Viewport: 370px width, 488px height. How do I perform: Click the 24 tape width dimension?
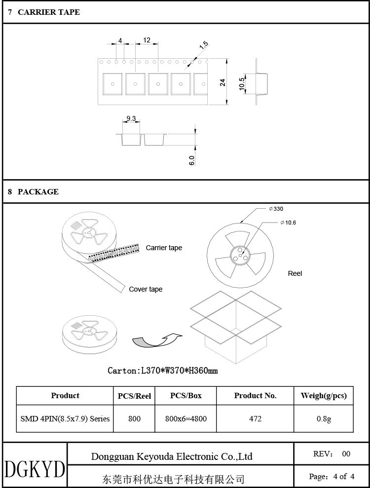(x=222, y=82)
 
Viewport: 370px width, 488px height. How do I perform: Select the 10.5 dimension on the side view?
(x=242, y=83)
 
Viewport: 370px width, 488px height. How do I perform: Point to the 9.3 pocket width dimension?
(x=131, y=118)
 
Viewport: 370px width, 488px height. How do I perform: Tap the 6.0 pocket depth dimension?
(x=192, y=160)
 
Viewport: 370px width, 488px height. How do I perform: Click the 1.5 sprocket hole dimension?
(x=204, y=46)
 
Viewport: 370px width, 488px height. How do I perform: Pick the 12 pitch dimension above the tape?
(x=147, y=40)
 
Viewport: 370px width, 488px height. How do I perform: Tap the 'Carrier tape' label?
(x=164, y=248)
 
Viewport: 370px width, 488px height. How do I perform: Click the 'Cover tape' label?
(x=146, y=289)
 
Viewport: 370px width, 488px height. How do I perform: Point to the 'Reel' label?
(x=295, y=273)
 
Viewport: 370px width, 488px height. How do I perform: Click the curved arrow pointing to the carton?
(x=157, y=340)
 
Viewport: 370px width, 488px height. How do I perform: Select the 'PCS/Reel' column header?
(x=134, y=396)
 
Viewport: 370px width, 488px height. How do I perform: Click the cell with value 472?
(x=255, y=418)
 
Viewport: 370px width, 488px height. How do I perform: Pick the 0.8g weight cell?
(x=324, y=418)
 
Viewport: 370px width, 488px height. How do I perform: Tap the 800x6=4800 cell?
(x=186, y=418)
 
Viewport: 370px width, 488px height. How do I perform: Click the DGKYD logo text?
(x=35, y=469)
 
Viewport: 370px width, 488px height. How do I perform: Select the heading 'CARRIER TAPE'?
(x=48, y=12)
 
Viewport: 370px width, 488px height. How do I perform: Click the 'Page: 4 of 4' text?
(x=332, y=476)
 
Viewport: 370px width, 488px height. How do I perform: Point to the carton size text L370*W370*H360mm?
(x=163, y=370)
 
